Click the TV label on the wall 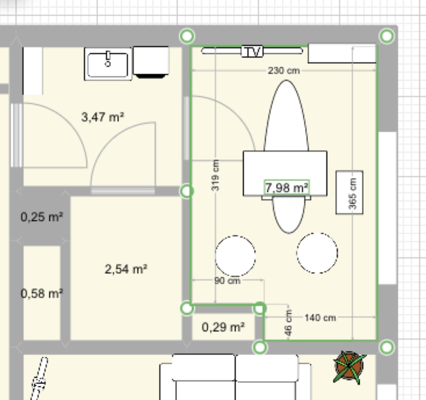point(252,51)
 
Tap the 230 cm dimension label point(284,71)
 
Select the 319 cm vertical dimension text point(215,175)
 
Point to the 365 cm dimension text point(353,193)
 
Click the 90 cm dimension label point(228,280)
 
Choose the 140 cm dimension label point(320,318)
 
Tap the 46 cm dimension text point(288,323)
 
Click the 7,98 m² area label point(286,187)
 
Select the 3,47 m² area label point(103,117)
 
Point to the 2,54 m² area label point(126,269)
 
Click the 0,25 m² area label point(42,217)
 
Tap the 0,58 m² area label point(42,293)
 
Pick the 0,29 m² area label point(223,327)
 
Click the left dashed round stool point(235,256)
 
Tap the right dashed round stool point(317,253)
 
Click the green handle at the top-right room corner point(387,36)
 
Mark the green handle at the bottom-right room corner point(387,347)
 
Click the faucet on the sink point(108,58)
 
